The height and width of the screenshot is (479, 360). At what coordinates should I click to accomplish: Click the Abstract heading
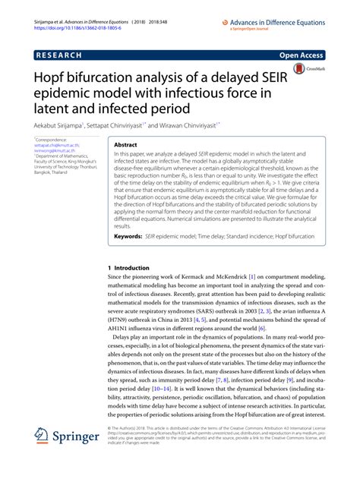click(x=125, y=143)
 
